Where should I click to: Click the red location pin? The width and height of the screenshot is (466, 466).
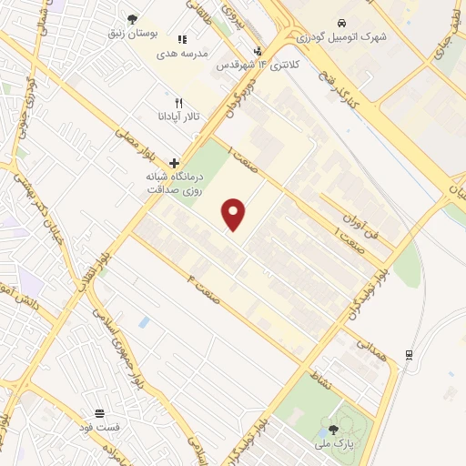point(235,214)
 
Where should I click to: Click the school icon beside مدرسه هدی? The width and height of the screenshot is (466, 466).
point(182,40)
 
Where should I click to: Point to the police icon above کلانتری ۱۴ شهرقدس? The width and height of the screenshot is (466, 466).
point(258,51)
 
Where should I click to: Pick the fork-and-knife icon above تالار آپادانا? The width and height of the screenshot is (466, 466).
point(179,103)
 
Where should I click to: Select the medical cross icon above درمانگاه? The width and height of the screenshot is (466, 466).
point(175,162)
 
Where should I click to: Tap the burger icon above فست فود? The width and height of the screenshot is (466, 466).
point(99,413)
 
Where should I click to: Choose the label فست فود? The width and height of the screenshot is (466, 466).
point(99,427)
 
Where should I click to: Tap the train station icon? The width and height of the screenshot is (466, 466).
point(410,354)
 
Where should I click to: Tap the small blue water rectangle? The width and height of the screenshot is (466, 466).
point(145,322)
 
